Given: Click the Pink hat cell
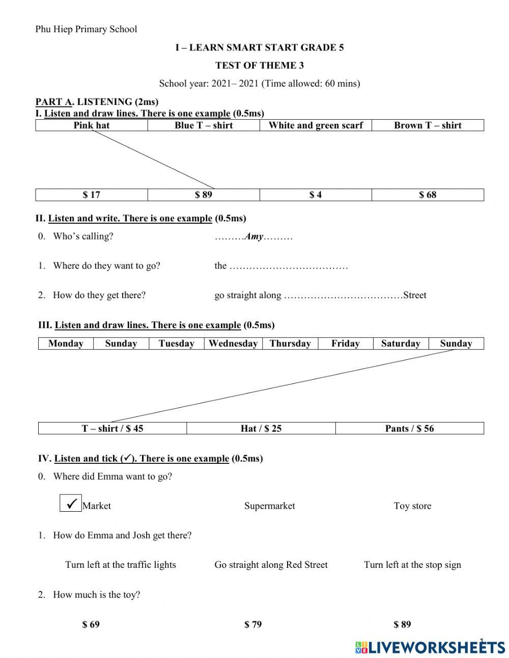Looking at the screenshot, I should [x=92, y=125].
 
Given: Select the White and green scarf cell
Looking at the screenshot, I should [x=316, y=125].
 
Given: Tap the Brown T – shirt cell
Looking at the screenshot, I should [x=428, y=125].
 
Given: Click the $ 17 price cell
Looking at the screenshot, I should [x=92, y=195].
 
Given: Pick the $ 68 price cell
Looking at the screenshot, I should [x=428, y=195].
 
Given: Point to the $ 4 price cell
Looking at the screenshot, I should [x=316, y=195].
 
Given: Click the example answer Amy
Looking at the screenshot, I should [x=254, y=236].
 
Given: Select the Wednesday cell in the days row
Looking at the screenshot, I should [x=233, y=344].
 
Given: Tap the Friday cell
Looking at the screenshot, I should [x=345, y=344].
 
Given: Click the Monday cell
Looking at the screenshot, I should [x=66, y=344].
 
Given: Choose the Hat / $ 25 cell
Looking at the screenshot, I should [x=261, y=429].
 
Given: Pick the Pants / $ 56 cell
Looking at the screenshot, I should [x=409, y=429].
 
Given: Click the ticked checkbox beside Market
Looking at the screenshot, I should [x=70, y=504].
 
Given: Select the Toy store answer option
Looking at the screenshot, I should [x=412, y=506].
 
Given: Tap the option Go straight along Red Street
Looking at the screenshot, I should [x=271, y=565].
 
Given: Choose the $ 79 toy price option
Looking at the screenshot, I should [x=253, y=624].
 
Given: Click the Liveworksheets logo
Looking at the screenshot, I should [x=430, y=647].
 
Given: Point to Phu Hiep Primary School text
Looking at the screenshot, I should [x=86, y=29].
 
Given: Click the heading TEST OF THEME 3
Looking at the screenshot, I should [x=260, y=65].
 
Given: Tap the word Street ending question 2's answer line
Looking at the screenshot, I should [x=414, y=295].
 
